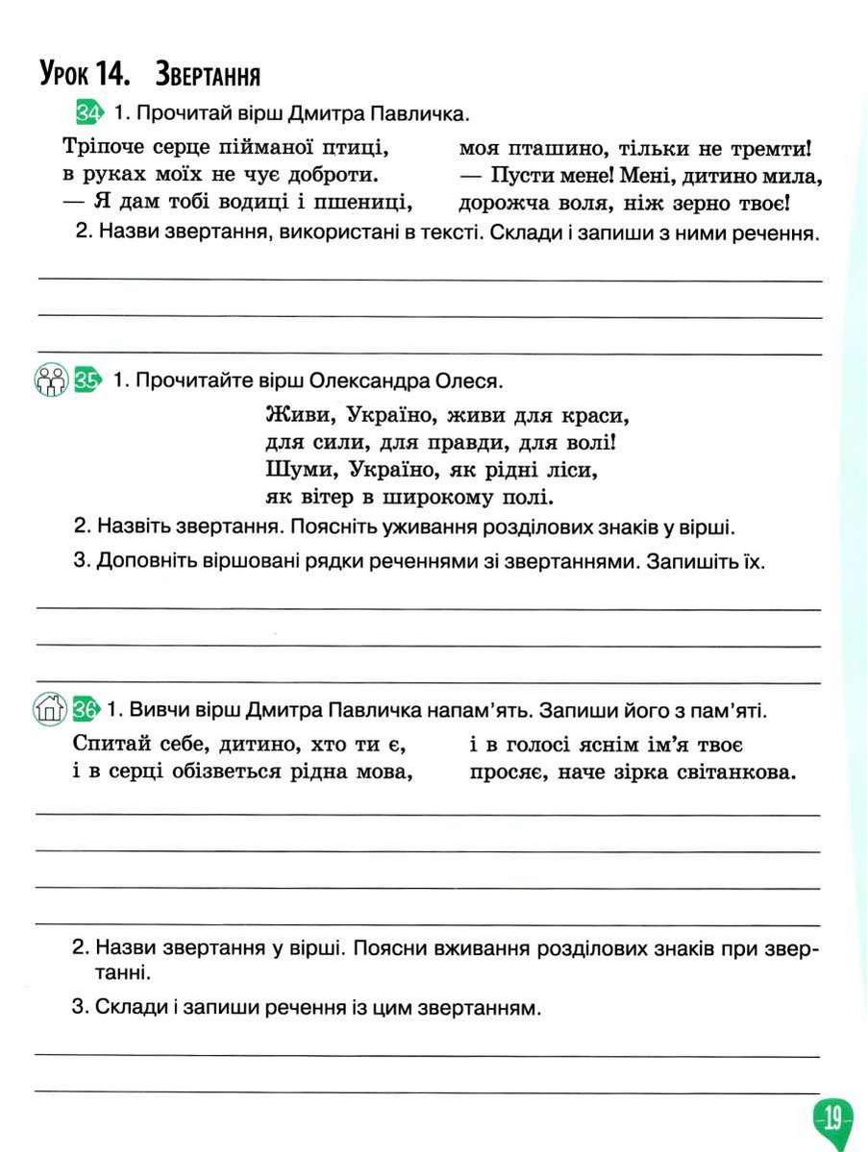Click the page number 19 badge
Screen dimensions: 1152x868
point(832,1117)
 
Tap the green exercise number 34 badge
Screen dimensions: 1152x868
point(87,113)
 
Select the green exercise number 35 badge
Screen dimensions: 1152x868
point(87,380)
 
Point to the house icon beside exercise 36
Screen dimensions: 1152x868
point(50,710)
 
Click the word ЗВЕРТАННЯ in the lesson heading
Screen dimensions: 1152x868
point(209,74)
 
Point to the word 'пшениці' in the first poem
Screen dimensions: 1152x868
point(372,202)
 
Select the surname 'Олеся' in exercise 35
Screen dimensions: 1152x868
point(470,381)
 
